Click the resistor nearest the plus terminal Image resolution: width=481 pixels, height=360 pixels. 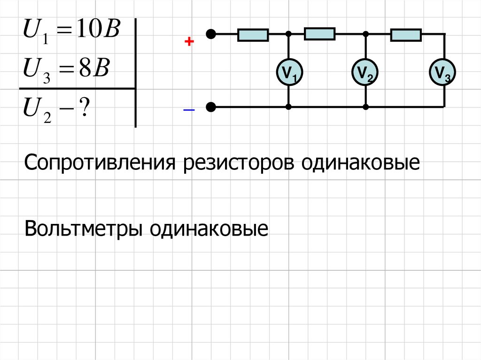[x=253, y=35]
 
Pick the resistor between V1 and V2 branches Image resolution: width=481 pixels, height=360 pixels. [x=319, y=34]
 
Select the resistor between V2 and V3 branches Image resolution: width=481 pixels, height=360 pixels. [x=406, y=34]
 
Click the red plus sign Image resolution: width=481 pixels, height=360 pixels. [x=189, y=42]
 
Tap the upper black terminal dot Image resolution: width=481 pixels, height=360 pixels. [x=212, y=34]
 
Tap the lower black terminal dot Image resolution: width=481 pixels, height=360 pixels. [x=212, y=107]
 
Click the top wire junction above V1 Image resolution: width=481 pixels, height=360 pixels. [x=289, y=34]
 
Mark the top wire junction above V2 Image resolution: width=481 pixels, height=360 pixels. [x=366, y=34]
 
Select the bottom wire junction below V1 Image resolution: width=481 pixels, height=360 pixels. [x=289, y=107]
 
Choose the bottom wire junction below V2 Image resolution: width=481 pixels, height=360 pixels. [x=366, y=107]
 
